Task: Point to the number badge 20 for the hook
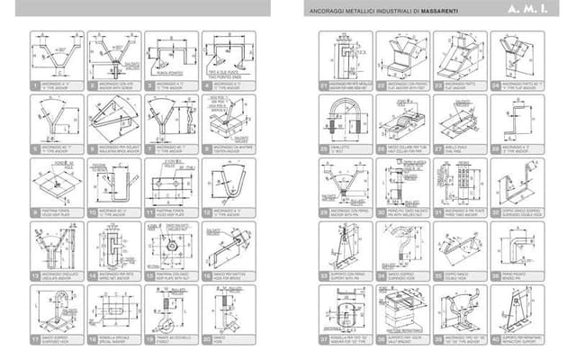[205, 340]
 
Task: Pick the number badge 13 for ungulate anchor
[34, 276]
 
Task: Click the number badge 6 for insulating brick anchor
[92, 148]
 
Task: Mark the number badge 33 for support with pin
[324, 276]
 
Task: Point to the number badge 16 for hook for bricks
[205, 276]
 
